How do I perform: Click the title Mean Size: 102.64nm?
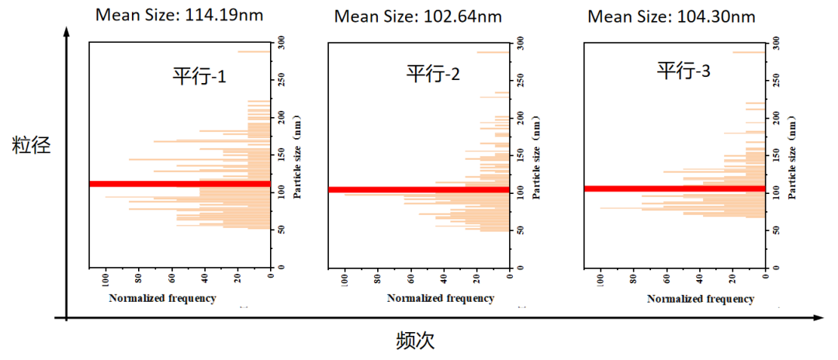click(417, 16)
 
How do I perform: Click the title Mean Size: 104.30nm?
click(670, 16)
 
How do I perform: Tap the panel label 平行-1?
click(199, 76)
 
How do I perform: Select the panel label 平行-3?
click(683, 71)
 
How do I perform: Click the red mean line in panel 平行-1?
click(180, 184)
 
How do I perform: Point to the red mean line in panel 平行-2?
click(419, 189)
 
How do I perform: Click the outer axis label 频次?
click(418, 341)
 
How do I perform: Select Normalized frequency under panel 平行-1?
click(162, 298)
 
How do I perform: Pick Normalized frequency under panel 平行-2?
click(440, 299)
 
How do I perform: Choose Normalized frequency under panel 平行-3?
click(701, 299)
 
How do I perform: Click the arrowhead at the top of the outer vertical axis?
click(68, 31)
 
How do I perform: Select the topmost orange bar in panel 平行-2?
click(492, 52)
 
